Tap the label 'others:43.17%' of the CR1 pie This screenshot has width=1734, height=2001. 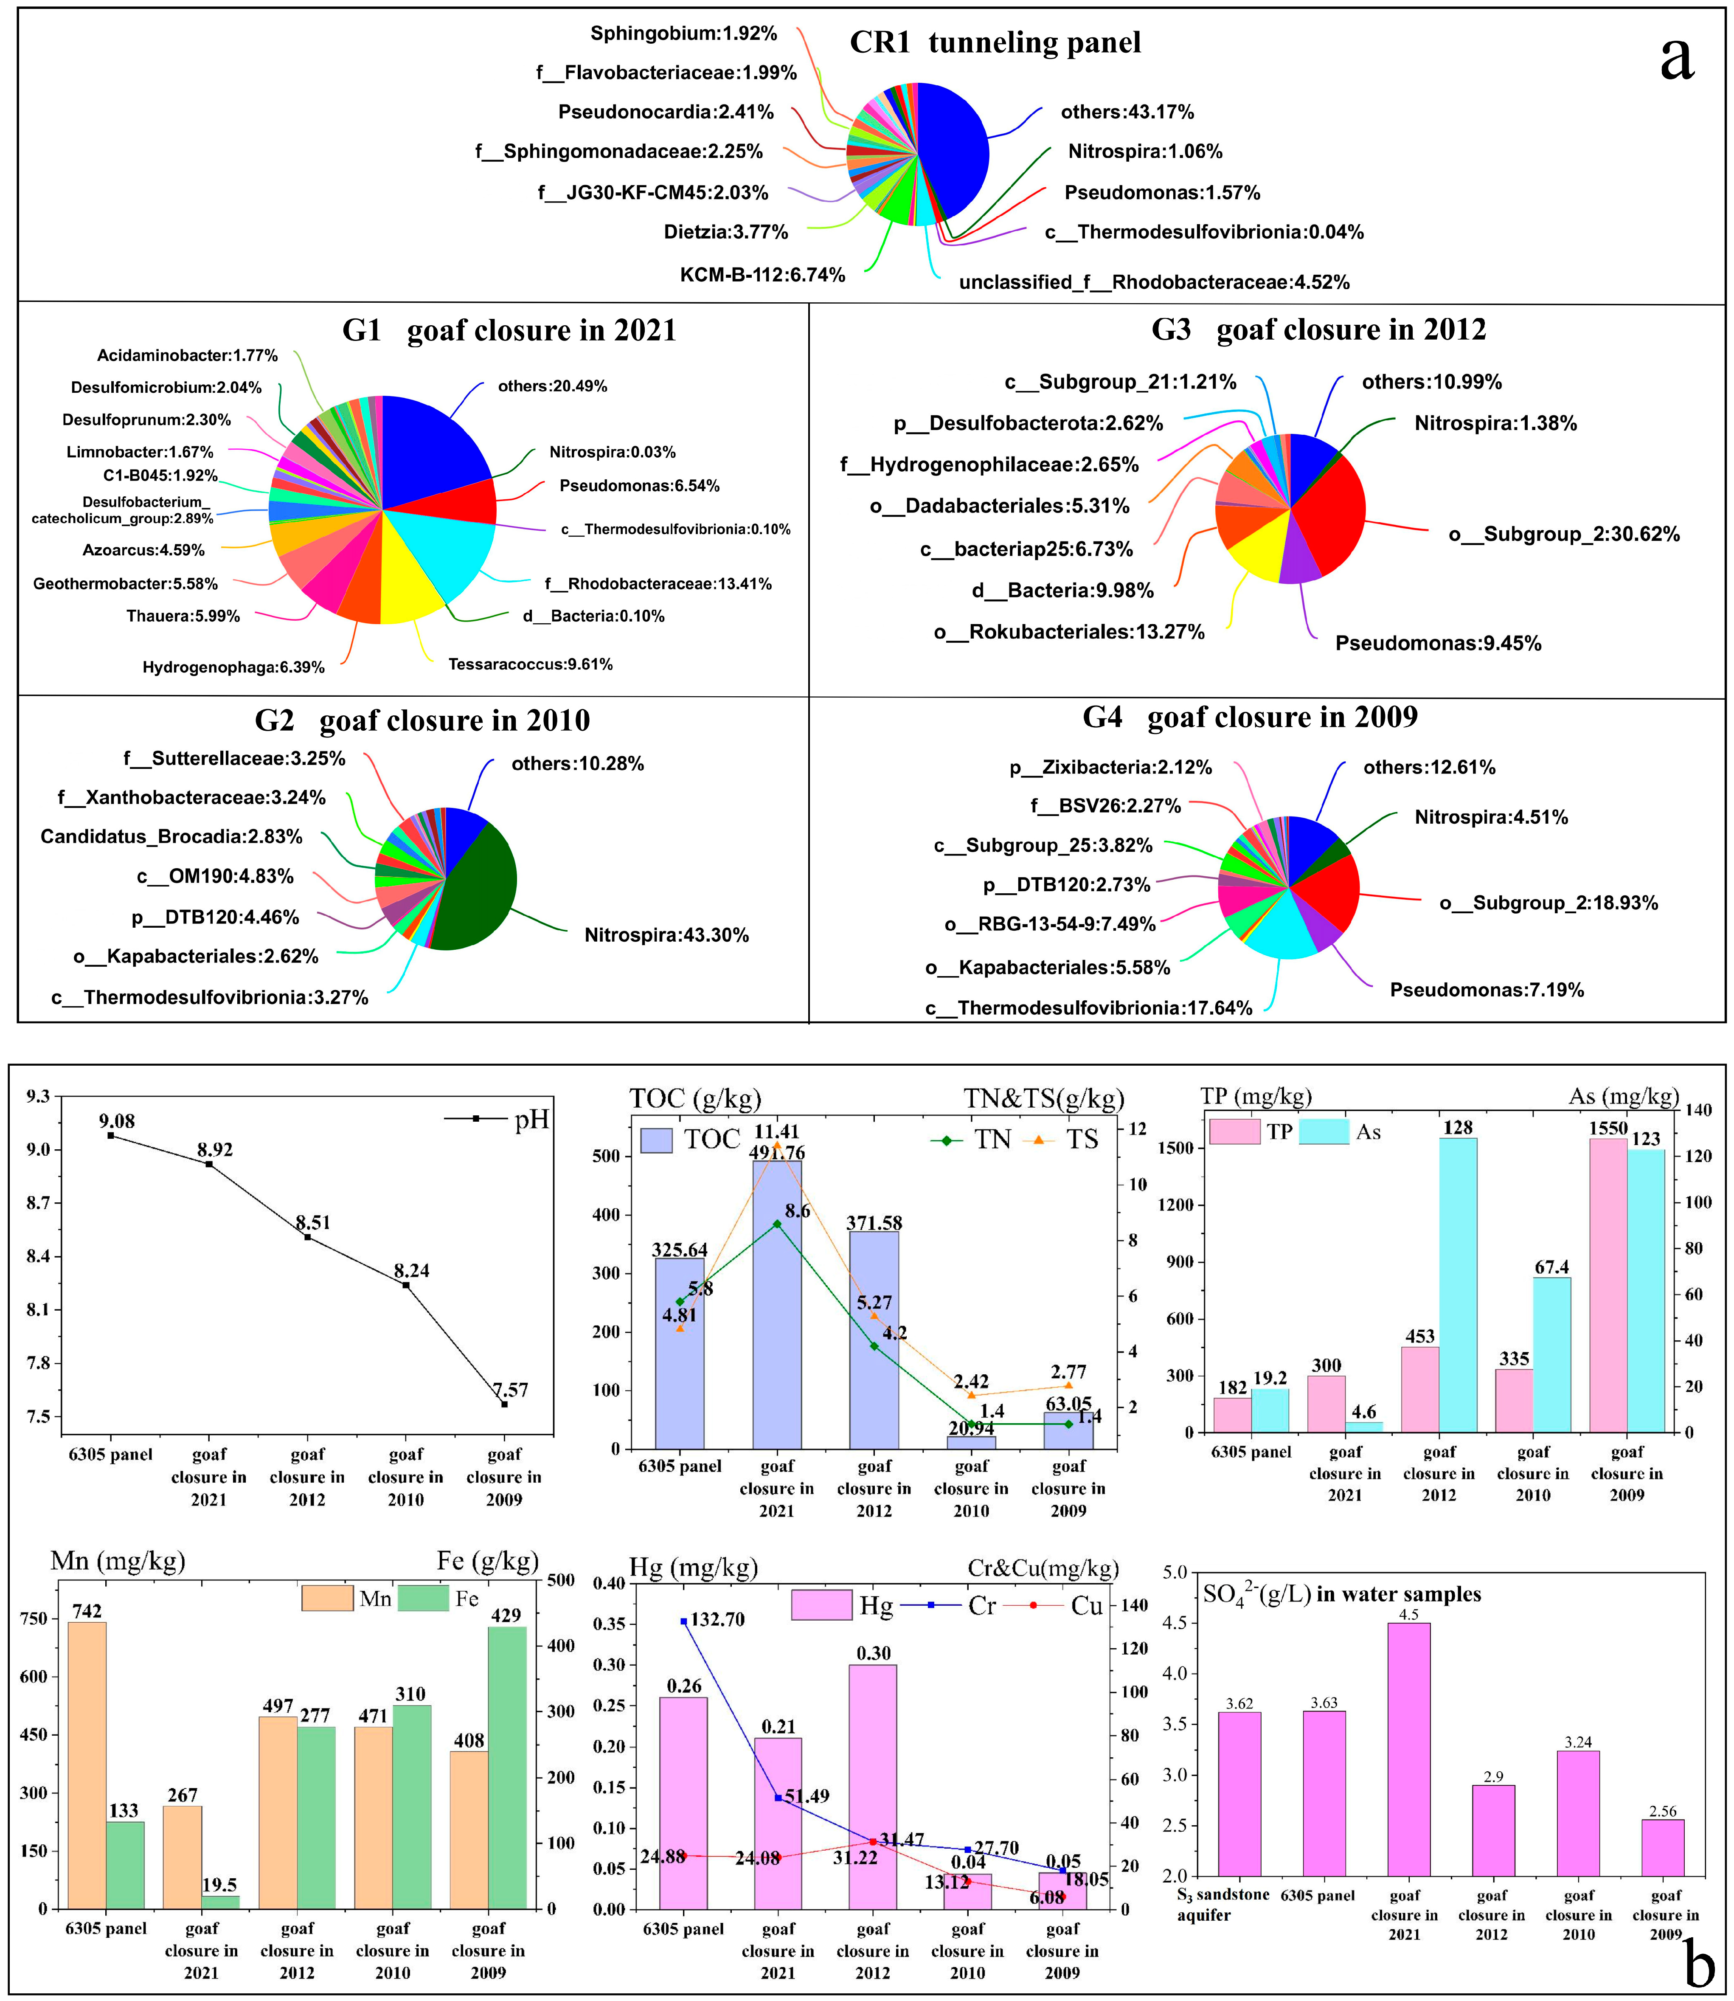[1127, 112]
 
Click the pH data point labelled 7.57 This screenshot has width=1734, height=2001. [504, 1404]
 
